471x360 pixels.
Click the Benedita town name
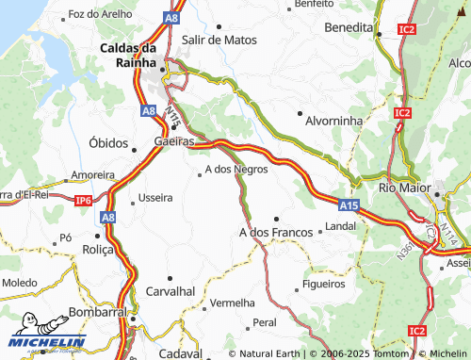pos(349,27)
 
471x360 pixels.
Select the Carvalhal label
pos(170,291)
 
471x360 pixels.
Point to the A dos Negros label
pos(236,170)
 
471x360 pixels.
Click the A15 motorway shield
pos(348,203)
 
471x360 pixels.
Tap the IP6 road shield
pos(83,200)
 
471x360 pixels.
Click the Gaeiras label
pos(173,141)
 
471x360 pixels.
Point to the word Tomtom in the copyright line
pos(394,353)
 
